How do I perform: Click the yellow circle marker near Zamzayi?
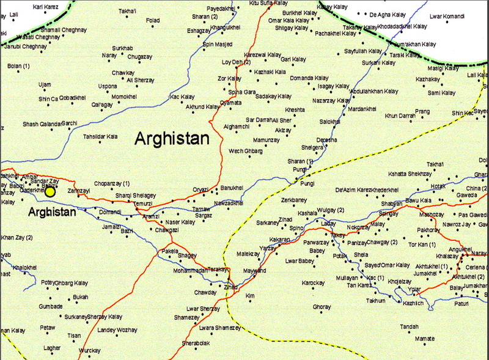[x=50, y=192]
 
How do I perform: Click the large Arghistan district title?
[x=172, y=138]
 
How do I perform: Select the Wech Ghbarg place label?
[x=244, y=151]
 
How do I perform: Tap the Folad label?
[x=153, y=20]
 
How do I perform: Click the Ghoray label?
[x=322, y=306]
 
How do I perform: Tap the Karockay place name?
[x=312, y=283]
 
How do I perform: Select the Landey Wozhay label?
[x=117, y=330]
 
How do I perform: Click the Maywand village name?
[x=255, y=270]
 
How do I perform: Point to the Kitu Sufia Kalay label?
[x=268, y=4]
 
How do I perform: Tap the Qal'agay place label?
[x=102, y=105]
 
